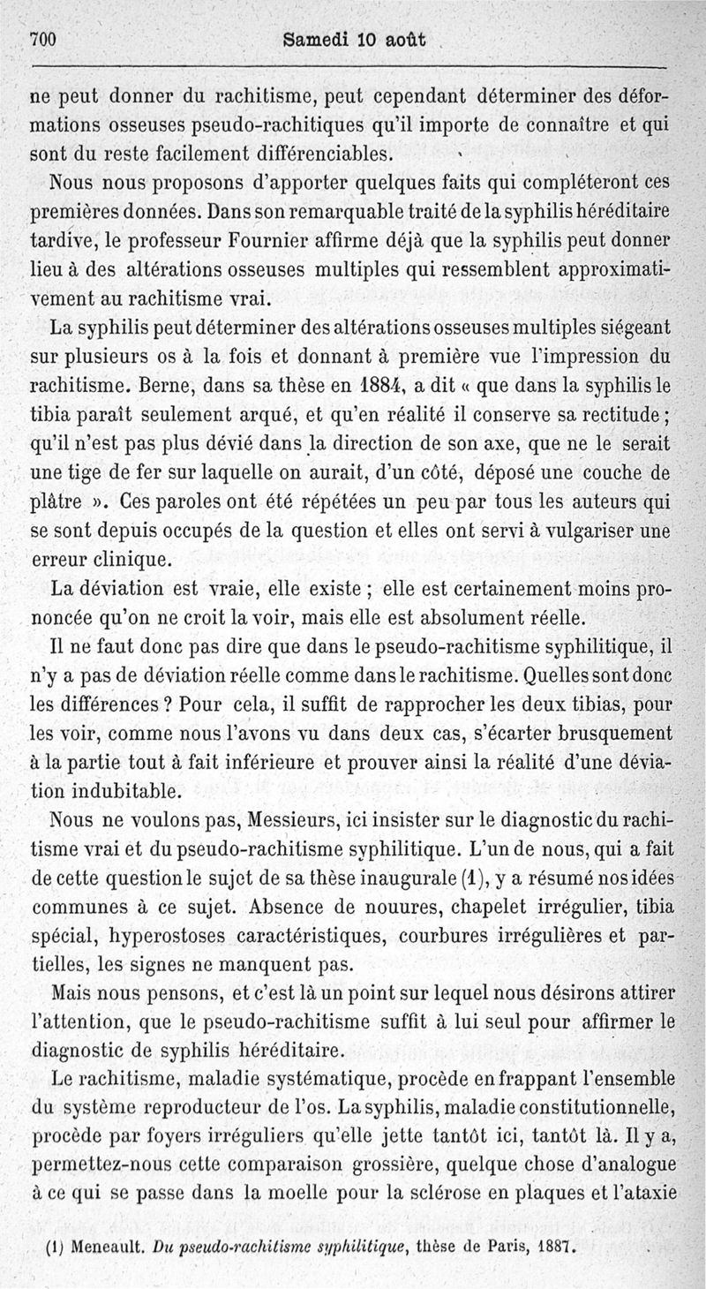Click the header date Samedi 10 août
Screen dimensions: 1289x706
pos(350,39)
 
